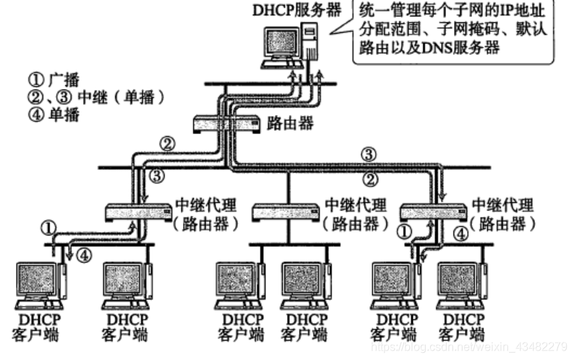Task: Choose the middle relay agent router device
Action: (x=286, y=213)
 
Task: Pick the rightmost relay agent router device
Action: (x=433, y=213)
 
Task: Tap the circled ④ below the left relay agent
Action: (x=85, y=255)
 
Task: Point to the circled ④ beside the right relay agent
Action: (x=460, y=233)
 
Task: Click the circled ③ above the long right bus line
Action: (x=369, y=155)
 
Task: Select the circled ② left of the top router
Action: (x=168, y=144)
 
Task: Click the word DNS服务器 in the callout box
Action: (x=469, y=48)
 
